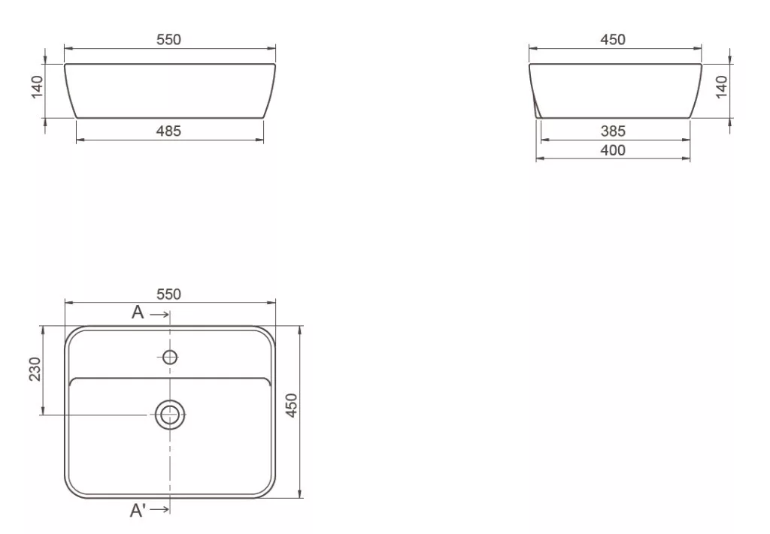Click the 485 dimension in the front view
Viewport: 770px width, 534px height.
coord(168,131)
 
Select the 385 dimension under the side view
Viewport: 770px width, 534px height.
coord(613,131)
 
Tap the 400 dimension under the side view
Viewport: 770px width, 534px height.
coord(613,150)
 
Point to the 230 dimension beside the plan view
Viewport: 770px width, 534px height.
coord(35,369)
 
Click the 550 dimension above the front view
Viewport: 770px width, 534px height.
coord(168,39)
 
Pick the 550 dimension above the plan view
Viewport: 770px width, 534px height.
coord(168,294)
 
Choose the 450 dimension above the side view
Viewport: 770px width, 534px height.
coord(613,39)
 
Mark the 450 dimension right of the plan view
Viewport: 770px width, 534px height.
coord(292,406)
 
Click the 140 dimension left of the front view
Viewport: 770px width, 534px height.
coord(38,87)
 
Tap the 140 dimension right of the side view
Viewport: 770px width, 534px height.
coord(721,87)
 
